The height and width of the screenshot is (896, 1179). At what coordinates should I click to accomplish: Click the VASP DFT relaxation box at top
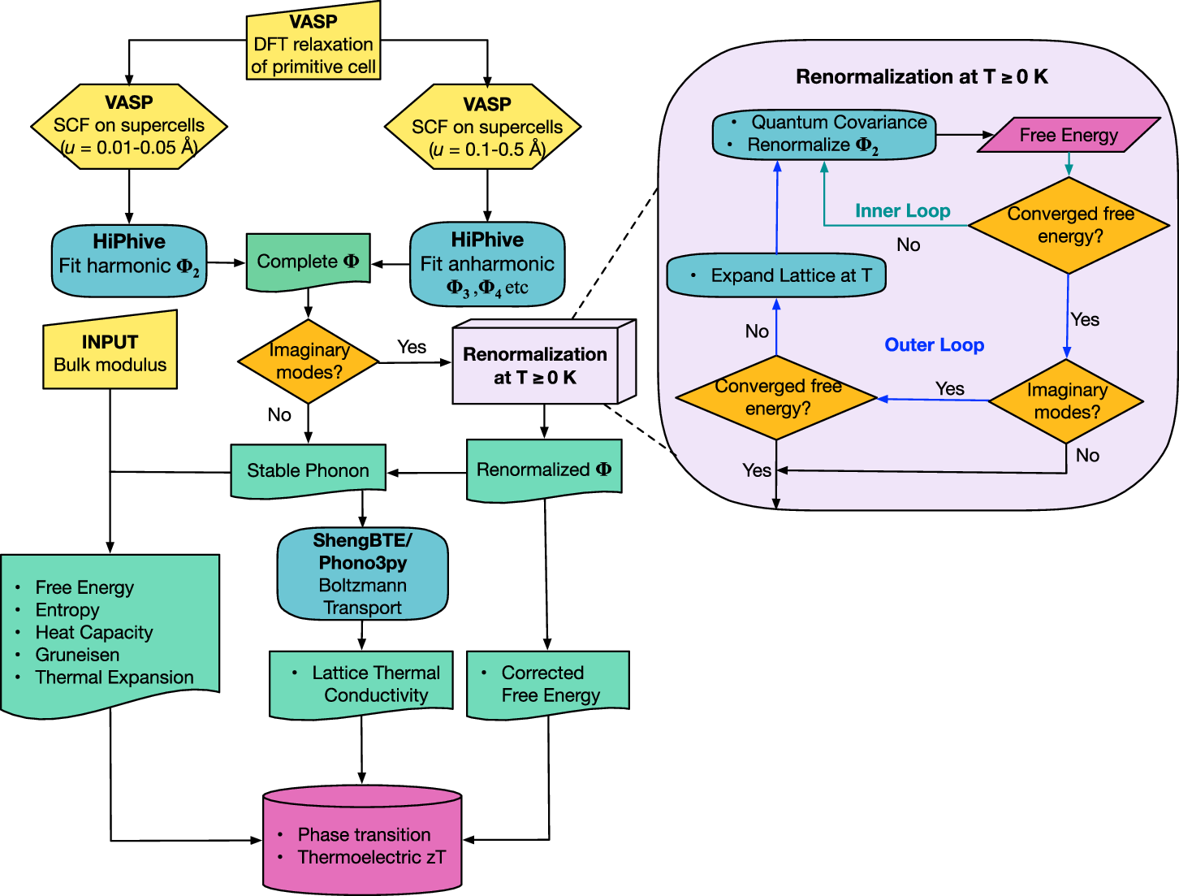tap(313, 44)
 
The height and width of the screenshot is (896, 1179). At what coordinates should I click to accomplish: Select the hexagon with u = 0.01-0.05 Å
tap(129, 126)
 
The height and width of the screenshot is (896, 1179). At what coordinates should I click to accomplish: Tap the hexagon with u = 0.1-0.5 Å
tap(486, 128)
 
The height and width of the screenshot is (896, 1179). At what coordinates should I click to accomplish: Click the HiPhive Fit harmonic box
tap(129, 260)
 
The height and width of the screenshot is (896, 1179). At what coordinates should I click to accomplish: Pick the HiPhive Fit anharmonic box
tap(486, 263)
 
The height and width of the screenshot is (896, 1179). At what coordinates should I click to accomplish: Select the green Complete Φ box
tap(308, 262)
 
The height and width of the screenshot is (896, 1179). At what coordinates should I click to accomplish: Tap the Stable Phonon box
tap(308, 470)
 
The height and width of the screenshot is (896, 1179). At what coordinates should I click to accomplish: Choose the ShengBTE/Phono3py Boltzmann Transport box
tap(362, 574)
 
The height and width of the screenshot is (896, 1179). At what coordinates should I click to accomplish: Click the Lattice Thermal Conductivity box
tap(361, 684)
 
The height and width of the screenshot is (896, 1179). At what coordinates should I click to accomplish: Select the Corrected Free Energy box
tap(548, 684)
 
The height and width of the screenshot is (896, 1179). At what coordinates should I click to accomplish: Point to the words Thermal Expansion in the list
tap(114, 677)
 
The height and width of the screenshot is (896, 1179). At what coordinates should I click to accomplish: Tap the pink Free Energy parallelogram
tap(1069, 135)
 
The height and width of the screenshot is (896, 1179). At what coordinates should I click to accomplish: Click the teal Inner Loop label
tap(902, 211)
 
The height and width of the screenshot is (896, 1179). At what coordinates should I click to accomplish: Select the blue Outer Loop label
tap(934, 345)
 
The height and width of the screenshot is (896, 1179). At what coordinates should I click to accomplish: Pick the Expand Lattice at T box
tap(776, 276)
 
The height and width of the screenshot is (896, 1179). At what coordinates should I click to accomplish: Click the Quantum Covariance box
tap(824, 134)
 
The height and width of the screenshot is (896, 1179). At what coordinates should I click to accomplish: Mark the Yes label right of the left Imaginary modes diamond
tap(412, 347)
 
